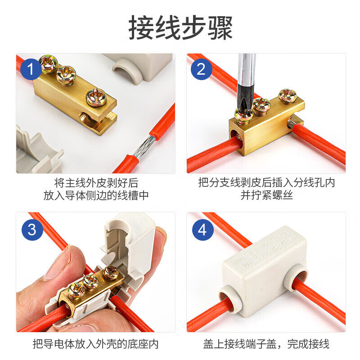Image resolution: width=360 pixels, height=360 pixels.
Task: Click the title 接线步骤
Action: coord(180,28)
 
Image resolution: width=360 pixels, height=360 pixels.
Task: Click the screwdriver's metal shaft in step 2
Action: coord(246,74)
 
